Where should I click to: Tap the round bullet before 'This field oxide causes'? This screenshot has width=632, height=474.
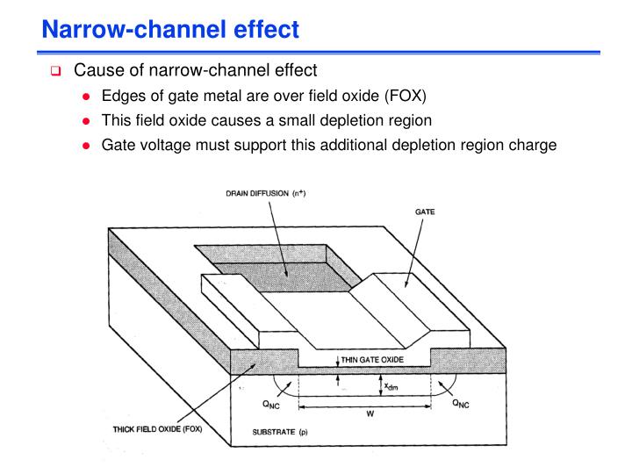(x=84, y=120)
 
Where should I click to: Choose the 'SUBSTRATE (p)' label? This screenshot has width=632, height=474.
(x=275, y=434)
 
